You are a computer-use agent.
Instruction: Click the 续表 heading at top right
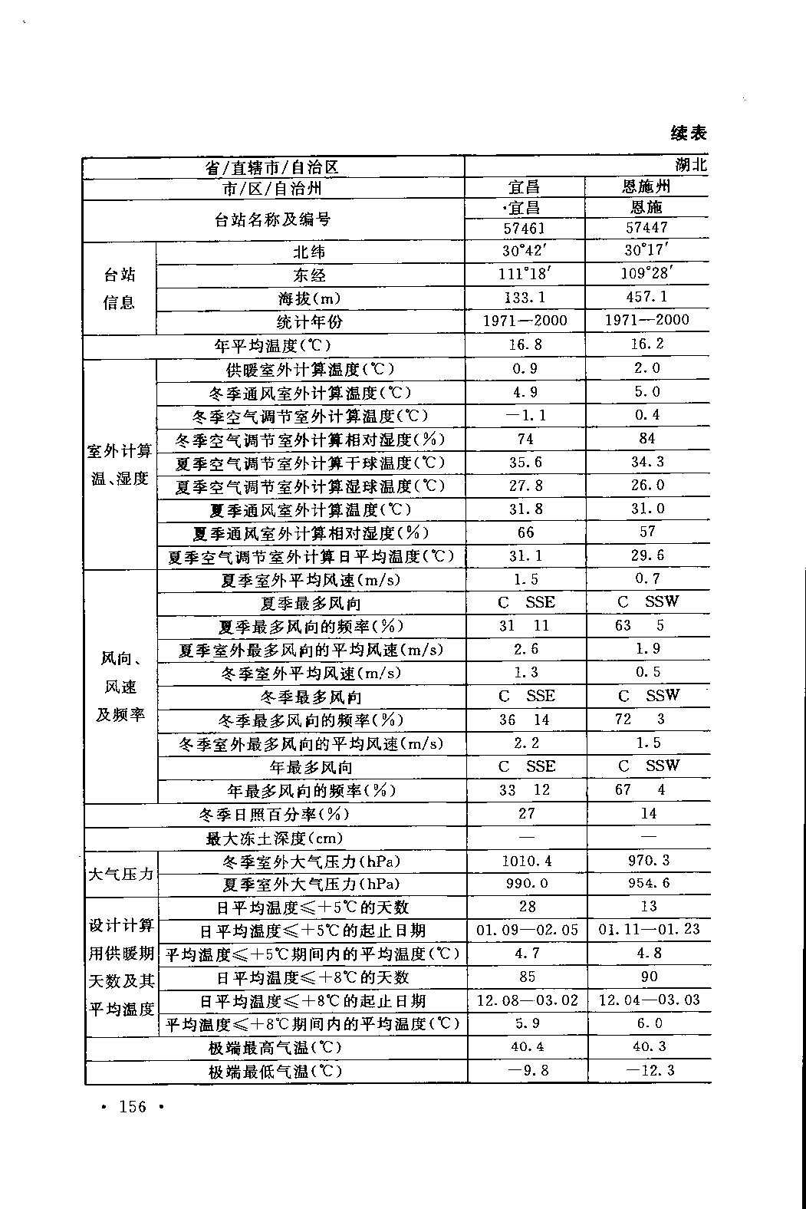(x=688, y=133)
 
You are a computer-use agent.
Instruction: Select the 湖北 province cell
(x=690, y=165)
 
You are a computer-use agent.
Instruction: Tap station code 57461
(x=525, y=228)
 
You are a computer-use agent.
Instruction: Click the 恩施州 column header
(x=646, y=186)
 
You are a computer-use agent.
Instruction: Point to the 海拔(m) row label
(x=310, y=298)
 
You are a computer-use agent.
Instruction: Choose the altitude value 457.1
(x=646, y=297)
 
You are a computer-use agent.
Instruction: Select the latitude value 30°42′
(x=525, y=251)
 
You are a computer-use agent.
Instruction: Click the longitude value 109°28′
(x=646, y=273)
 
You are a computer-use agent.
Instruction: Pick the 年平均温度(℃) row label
(x=273, y=346)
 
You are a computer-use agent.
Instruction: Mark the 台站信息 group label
(x=119, y=288)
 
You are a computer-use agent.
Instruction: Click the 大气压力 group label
(x=121, y=873)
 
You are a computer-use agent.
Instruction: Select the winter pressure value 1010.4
(x=526, y=861)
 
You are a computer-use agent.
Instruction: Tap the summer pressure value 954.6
(x=648, y=883)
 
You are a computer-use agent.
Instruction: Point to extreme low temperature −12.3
(x=649, y=1070)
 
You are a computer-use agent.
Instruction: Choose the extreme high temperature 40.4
(x=527, y=1047)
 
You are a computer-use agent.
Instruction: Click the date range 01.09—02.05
(x=527, y=930)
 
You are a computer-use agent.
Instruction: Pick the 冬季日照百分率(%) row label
(x=274, y=814)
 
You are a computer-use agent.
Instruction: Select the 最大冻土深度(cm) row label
(x=275, y=838)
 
